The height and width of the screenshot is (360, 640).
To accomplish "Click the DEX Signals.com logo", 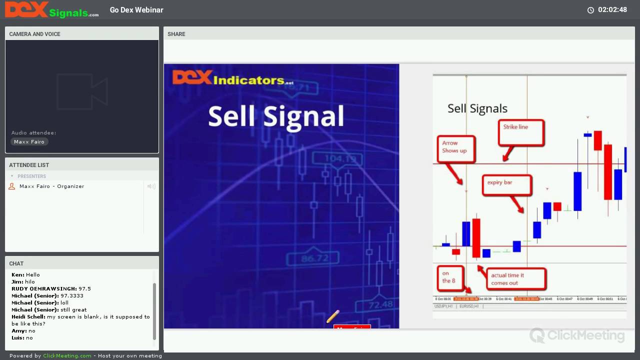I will (51, 9).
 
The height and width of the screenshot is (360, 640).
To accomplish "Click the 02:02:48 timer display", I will (612, 10).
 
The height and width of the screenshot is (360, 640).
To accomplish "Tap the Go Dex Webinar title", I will (136, 10).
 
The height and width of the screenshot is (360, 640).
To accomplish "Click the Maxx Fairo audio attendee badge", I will (29, 142).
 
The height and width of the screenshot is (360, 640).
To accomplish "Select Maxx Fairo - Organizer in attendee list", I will (51, 186).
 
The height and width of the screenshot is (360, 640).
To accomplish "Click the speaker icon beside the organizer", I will (151, 186).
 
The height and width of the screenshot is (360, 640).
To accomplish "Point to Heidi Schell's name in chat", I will (28, 317).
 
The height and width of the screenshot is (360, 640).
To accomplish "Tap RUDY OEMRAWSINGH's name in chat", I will (44, 289).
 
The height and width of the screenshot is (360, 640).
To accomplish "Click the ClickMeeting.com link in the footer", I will (67, 356).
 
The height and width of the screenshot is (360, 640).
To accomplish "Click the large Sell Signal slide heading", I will (276, 116).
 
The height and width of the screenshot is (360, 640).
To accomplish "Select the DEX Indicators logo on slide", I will (233, 78).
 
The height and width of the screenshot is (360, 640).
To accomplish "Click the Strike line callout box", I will (520, 132).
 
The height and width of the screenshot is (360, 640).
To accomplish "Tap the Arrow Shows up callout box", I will (454, 148).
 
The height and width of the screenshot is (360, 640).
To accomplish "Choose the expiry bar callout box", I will (506, 184).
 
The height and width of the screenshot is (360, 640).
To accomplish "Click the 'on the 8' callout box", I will (449, 277).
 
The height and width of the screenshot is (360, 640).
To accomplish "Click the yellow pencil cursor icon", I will (333, 316).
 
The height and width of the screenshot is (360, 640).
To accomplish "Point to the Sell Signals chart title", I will (477, 108).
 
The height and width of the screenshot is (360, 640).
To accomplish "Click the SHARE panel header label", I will (176, 34).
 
